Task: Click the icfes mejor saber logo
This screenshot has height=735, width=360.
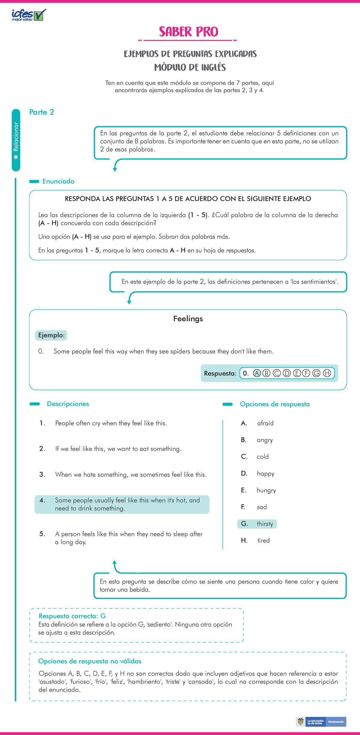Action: [x=29, y=15]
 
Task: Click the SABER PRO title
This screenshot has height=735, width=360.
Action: [x=188, y=32]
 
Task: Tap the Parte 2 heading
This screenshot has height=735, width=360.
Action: [x=41, y=112]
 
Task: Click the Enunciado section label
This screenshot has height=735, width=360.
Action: [x=58, y=181]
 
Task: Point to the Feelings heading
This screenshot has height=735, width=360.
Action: [x=188, y=318]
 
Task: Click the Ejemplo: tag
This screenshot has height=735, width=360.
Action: [x=51, y=335]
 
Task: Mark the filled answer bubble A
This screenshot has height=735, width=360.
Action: [x=256, y=373]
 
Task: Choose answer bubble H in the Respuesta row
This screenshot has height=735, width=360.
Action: [x=327, y=373]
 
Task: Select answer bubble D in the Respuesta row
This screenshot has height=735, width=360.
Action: [x=287, y=373]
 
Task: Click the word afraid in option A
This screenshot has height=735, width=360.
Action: [x=265, y=423]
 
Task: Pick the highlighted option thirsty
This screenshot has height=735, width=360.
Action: [x=265, y=524]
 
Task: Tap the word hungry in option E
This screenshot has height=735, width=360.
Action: [x=266, y=490]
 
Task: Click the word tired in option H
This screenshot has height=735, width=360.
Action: [x=263, y=540]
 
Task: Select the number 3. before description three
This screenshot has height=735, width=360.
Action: [x=42, y=474]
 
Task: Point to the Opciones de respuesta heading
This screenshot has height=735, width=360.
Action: [x=274, y=404]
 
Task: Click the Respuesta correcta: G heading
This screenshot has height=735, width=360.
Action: [x=72, y=616]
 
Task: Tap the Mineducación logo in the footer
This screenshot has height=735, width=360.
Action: [x=336, y=722]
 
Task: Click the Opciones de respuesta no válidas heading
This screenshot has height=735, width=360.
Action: [x=90, y=661]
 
